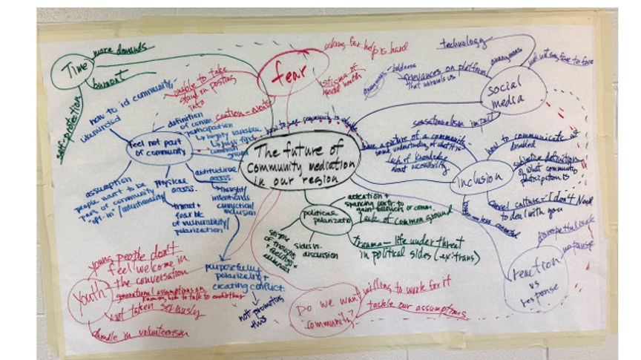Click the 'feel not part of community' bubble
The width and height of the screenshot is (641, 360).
pyautogui.click(x=157, y=149)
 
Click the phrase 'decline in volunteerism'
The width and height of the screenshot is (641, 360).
pyautogui.click(x=141, y=334)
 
